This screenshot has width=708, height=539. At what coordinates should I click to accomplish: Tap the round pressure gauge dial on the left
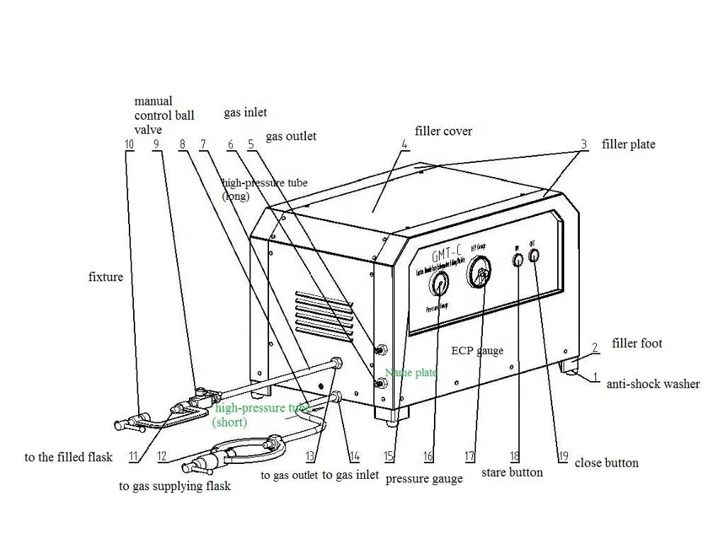coord(439,285)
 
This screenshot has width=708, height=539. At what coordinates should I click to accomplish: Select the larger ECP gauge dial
coord(481,273)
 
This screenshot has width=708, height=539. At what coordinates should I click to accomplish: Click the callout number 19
coord(563,457)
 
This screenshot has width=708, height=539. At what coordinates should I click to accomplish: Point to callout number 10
coord(128,144)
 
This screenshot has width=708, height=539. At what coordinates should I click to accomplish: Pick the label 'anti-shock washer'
coord(653,384)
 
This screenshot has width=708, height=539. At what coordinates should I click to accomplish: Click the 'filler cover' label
coord(443,131)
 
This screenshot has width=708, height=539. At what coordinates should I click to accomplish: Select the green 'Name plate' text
coord(411,373)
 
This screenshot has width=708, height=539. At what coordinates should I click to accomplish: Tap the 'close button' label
coord(606,463)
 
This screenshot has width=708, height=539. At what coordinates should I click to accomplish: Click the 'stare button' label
coord(512,472)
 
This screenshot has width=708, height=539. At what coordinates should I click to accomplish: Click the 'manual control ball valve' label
coord(164,115)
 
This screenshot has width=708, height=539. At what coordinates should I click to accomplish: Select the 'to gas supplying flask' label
coord(175,487)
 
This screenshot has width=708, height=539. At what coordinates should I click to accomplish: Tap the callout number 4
coord(404,144)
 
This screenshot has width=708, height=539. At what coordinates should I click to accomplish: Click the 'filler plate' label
coord(629,144)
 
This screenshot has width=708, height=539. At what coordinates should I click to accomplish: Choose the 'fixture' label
coord(105,276)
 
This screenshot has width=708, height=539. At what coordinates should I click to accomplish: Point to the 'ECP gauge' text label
coord(477,351)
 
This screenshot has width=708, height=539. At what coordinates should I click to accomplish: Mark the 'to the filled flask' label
coord(69,458)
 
